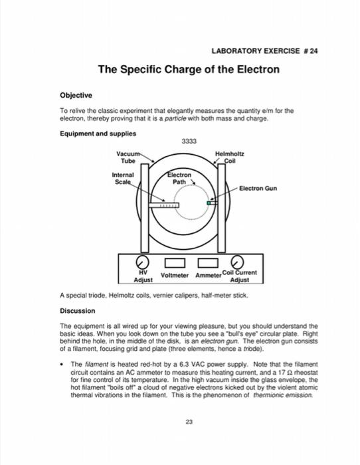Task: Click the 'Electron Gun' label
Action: (x=258, y=188)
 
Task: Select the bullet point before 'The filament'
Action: (x=62, y=365)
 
